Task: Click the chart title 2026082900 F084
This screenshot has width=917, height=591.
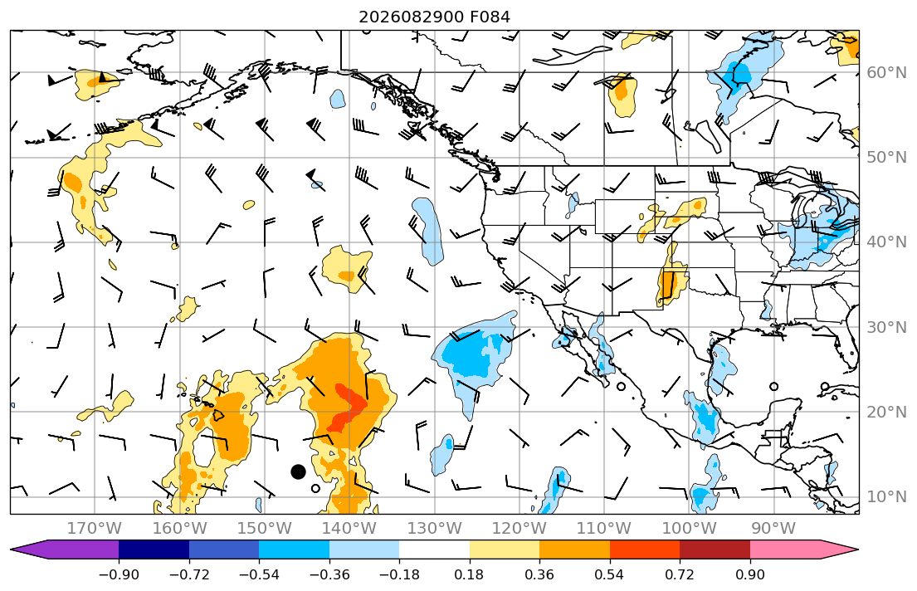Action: coord(434,17)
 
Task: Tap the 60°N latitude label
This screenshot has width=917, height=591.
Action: coord(886,72)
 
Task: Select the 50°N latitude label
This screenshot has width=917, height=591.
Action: coord(886,158)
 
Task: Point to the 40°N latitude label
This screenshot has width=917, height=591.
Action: coord(886,242)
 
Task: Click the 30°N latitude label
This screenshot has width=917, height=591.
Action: coord(886,327)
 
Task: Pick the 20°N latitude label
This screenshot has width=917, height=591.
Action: coord(886,412)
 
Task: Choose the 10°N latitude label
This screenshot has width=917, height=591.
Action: coord(886,497)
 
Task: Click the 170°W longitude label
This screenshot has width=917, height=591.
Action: coord(95,529)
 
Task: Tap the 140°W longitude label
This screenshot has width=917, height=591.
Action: coord(349,529)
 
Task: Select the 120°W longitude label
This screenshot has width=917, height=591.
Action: coord(519,529)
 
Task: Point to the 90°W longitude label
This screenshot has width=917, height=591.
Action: coord(773,529)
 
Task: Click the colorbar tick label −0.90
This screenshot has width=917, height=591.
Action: coord(119,574)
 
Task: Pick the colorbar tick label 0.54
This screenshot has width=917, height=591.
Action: coord(609,574)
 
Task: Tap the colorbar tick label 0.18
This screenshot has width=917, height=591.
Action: coord(469,574)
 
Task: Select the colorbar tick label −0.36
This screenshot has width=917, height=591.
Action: coord(329,574)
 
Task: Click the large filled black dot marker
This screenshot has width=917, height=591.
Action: coord(298,471)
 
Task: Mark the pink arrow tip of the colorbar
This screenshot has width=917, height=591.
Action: coord(857,549)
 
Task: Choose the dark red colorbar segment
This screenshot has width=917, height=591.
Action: coord(715,549)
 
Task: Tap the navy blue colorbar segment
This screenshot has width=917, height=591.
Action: coord(154,549)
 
